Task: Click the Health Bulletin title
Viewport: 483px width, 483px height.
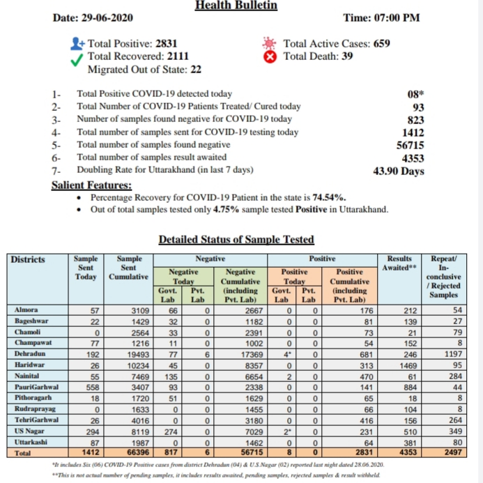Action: click(236, 6)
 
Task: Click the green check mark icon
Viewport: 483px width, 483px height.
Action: click(77, 57)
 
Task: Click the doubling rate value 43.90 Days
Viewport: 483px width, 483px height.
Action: click(399, 171)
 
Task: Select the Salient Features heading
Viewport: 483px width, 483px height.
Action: click(91, 185)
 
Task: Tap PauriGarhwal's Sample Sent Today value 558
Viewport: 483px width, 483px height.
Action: click(91, 387)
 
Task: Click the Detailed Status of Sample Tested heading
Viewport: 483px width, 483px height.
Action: click(236, 240)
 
